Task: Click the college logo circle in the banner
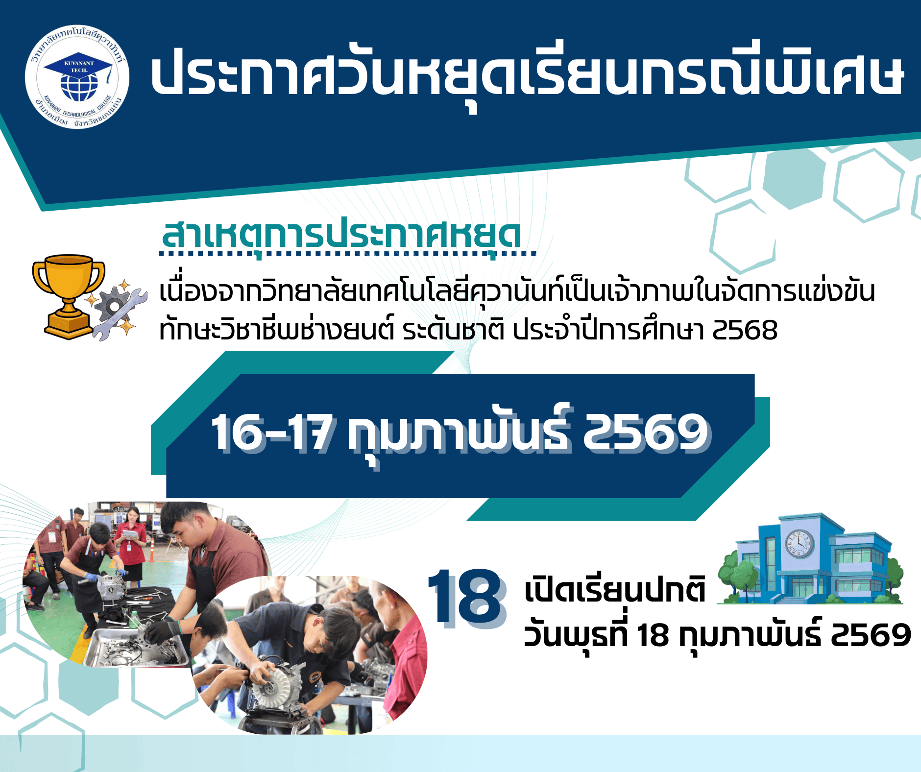click(x=77, y=77)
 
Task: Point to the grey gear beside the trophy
click(x=114, y=307)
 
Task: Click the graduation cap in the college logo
click(x=78, y=67)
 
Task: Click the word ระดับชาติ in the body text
click(x=453, y=330)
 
